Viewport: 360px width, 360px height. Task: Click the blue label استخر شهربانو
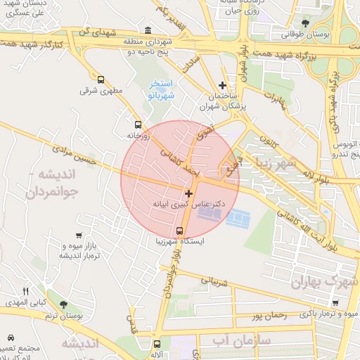[162, 89]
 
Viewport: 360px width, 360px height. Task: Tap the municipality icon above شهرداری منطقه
[147, 30]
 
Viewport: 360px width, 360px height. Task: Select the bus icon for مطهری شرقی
[101, 80]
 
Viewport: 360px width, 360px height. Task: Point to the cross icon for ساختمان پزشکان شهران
[223, 85]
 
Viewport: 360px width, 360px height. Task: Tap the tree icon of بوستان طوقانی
[304, 23]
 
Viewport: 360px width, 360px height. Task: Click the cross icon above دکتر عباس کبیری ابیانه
[188, 193]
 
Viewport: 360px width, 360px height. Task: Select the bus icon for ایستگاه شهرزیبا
[180, 231]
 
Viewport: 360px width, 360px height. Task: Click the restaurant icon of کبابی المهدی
[26, 291]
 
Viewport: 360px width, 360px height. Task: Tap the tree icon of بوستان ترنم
[64, 305]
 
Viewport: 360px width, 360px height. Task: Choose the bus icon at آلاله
[156, 345]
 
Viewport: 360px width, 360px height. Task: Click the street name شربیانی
[215, 281]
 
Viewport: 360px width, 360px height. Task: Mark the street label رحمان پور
[268, 316]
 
